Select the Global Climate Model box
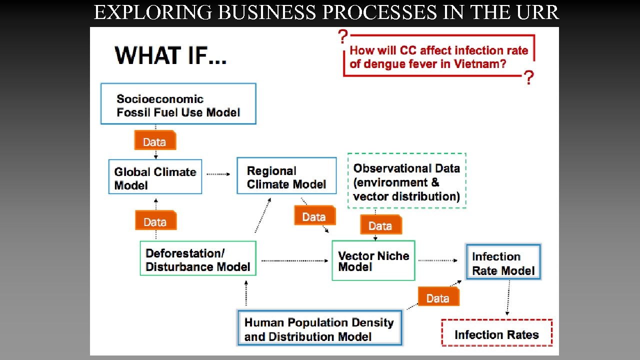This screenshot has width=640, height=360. point(155,177)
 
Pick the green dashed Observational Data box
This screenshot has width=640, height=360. point(406,180)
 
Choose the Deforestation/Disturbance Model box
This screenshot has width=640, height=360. point(198,258)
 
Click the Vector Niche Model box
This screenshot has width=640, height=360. point(373,260)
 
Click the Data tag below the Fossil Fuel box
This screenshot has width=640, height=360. point(154,141)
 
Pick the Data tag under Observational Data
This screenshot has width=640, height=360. point(380,225)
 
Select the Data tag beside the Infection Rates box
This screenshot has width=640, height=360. point(438,297)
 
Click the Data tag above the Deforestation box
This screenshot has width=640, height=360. point(155,220)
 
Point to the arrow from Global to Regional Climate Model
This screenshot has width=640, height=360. point(218,174)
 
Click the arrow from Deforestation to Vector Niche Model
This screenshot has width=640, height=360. point(294,260)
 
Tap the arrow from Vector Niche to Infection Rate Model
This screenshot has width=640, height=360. point(438,260)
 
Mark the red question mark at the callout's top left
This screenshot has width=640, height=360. point(343,36)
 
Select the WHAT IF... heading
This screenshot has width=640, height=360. point(170,54)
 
